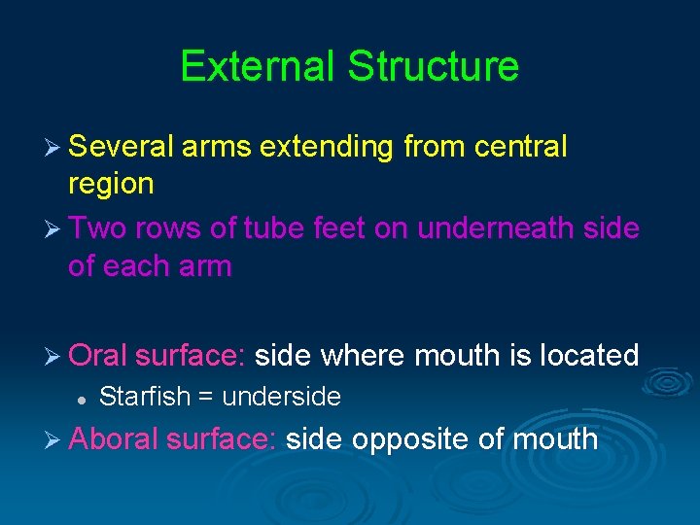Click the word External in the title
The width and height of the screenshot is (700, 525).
(258, 66)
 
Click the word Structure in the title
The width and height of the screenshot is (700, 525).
(434, 66)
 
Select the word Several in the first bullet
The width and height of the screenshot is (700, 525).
(122, 148)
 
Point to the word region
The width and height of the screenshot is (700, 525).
(111, 184)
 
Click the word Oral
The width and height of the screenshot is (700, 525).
(98, 355)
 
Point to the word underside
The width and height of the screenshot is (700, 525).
(281, 397)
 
